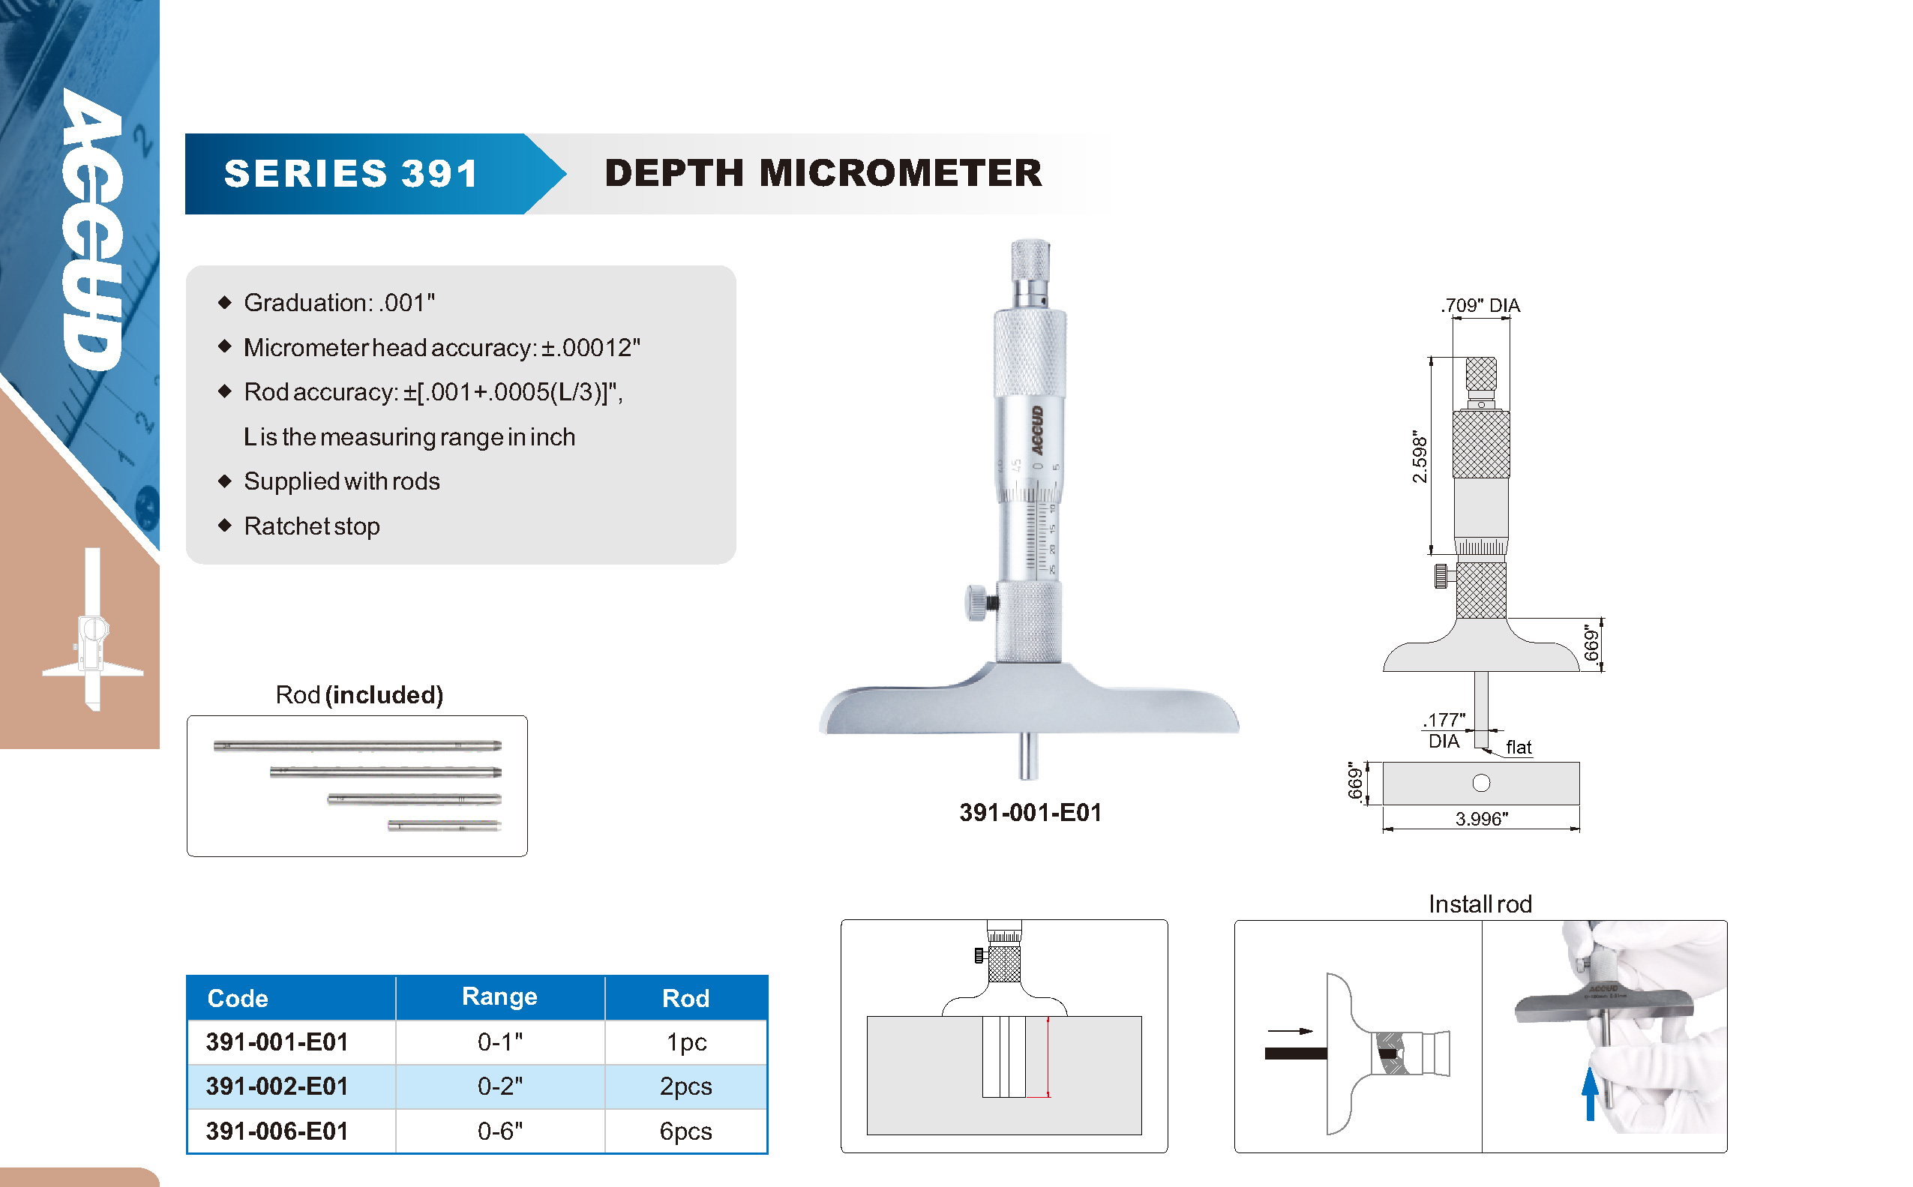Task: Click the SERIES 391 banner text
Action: [x=351, y=173]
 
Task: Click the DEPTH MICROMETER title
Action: [x=823, y=172]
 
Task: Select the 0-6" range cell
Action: [x=500, y=1131]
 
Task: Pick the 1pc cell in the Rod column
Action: [x=686, y=1042]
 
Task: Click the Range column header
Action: [x=499, y=997]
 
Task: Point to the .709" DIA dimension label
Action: [x=1480, y=305]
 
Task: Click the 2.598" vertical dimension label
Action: [x=1420, y=456]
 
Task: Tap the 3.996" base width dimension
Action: [x=1481, y=819]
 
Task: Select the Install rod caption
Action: [x=1480, y=904]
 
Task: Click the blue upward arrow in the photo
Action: [x=1590, y=1093]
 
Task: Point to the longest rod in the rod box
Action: [x=357, y=746]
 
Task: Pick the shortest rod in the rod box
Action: [x=444, y=826]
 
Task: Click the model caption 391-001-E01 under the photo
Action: [x=1030, y=813]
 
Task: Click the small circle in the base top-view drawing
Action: [x=1480, y=783]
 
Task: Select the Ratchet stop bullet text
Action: [x=312, y=526]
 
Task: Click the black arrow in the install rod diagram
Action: [x=1289, y=1031]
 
